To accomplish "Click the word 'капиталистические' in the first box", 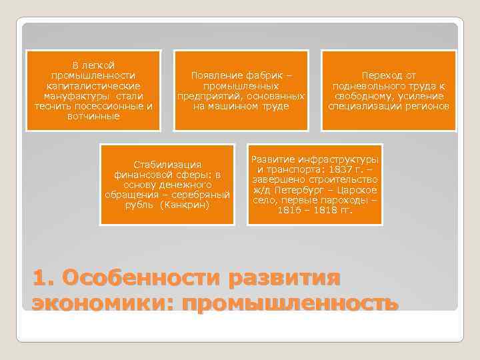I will click(93, 86).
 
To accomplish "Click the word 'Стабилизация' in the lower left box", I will click(167, 164).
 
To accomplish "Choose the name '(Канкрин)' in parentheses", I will click(186, 204).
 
